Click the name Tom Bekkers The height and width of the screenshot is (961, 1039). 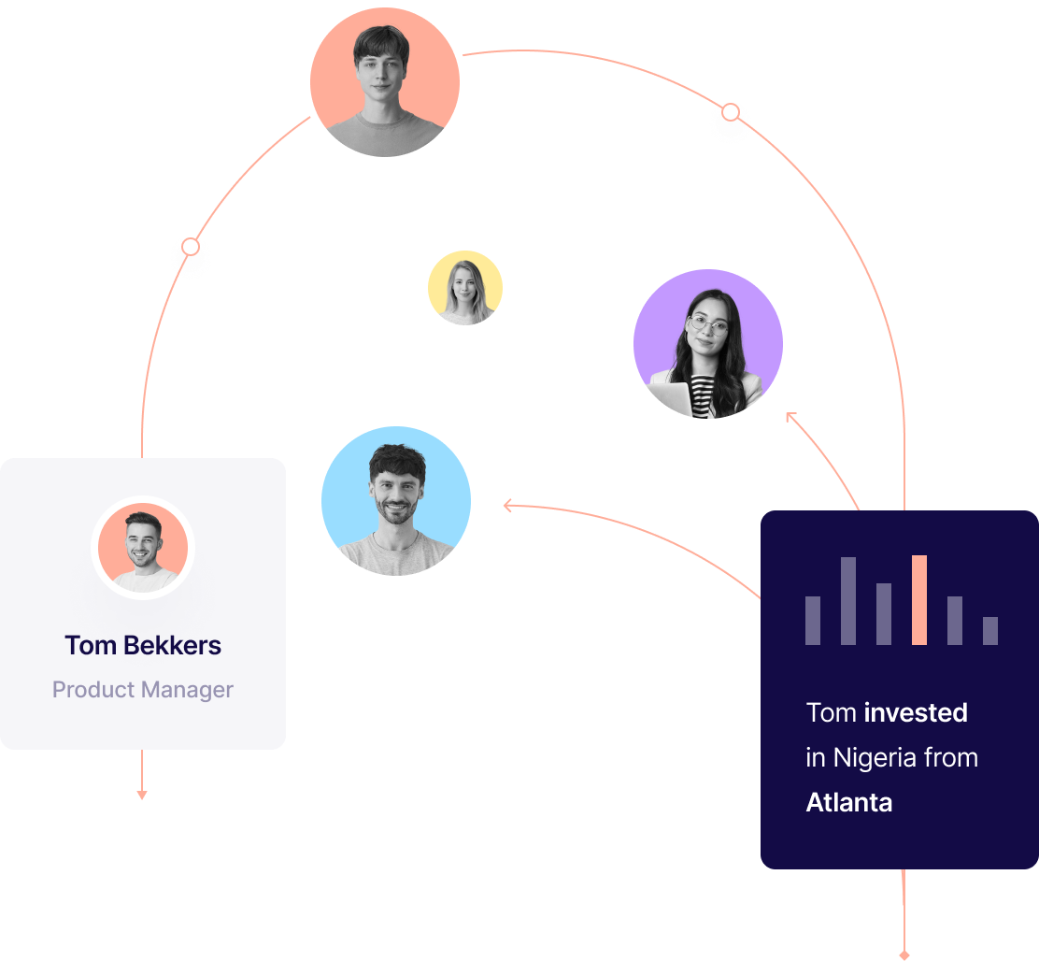(143, 646)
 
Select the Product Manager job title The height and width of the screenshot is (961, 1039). (143, 690)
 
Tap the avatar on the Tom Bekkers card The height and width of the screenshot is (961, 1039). (143, 548)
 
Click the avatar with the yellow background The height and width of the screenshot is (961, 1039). (465, 288)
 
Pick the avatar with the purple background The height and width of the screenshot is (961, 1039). (708, 344)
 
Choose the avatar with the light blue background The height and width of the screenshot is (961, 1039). (396, 501)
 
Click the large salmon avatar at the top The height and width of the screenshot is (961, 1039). (385, 82)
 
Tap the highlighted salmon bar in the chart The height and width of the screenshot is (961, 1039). (919, 600)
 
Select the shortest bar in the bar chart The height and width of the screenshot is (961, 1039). (990, 630)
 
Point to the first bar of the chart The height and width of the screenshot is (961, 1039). (813, 621)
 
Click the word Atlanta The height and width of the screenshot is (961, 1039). (849, 803)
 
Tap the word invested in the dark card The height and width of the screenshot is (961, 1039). (916, 713)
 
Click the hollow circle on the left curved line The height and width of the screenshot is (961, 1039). (191, 247)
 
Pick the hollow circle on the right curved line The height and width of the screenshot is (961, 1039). (731, 112)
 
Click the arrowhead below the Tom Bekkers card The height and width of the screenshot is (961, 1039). (142, 796)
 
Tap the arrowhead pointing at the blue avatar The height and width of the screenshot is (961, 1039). (507, 507)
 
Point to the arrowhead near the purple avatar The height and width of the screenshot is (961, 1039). (790, 416)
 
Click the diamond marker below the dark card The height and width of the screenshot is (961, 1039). (904, 955)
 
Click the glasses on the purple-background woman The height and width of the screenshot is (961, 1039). (707, 324)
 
